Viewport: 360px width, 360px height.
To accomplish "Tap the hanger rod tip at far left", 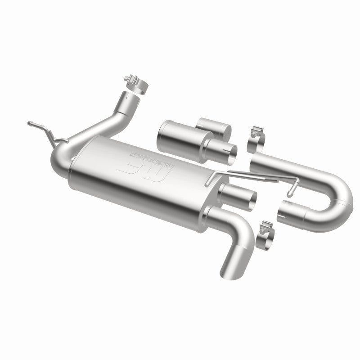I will (x=29, y=123).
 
